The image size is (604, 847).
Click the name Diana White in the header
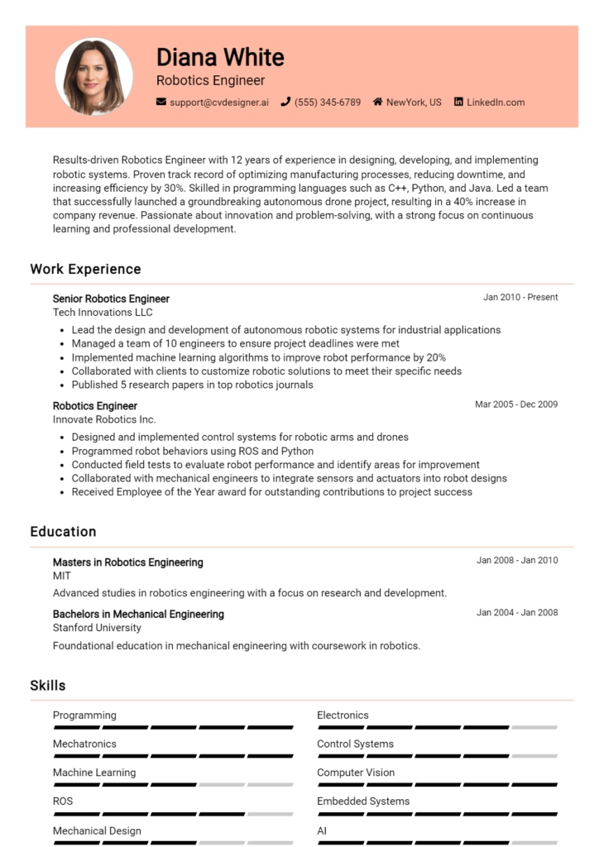(220, 57)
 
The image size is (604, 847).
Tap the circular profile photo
(93, 77)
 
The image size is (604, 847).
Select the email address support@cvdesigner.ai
(219, 103)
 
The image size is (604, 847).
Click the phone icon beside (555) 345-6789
(285, 103)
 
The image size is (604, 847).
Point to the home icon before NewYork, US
(377, 103)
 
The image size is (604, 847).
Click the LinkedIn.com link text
(496, 103)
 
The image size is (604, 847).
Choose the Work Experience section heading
(85, 269)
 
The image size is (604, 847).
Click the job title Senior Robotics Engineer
(111, 299)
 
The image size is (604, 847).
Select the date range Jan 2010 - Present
(520, 298)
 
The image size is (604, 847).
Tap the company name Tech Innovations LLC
(103, 313)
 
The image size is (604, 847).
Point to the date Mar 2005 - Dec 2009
(516, 404)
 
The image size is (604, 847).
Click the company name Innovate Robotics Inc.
(104, 419)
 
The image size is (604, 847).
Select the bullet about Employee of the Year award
(271, 492)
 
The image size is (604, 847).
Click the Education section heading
(63, 532)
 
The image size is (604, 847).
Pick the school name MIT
(62, 576)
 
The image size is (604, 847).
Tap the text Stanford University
(97, 628)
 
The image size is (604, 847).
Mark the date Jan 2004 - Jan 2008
(517, 613)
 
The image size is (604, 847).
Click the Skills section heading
(48, 686)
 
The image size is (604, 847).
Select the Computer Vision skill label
(356, 773)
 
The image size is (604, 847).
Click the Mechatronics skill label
(84, 744)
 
